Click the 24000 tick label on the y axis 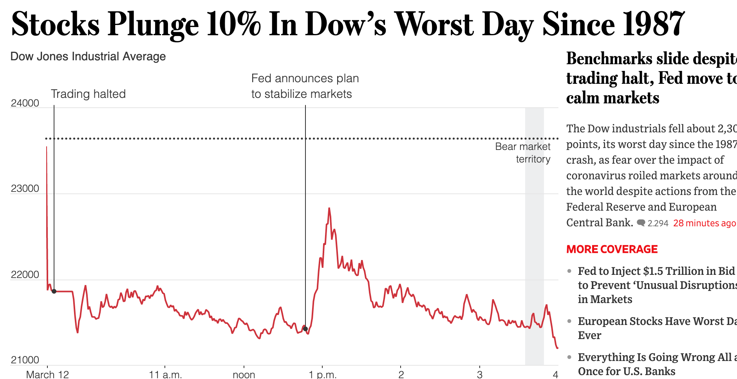tap(25, 103)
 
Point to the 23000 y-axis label tap(25, 189)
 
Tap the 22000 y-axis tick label tap(25, 275)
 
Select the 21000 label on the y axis tap(25, 360)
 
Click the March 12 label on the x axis tap(47, 374)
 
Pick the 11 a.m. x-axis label tap(165, 374)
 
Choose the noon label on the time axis tap(244, 374)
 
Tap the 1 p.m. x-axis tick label tap(322, 374)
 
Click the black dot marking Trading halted tap(54, 291)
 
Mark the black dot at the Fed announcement tap(305, 329)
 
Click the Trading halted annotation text tap(88, 94)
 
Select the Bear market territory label tap(523, 153)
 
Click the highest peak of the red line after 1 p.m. tap(329, 209)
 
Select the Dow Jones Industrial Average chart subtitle tap(88, 56)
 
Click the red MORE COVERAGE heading tap(612, 249)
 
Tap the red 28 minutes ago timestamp tap(704, 223)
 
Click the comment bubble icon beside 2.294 tap(641, 223)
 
